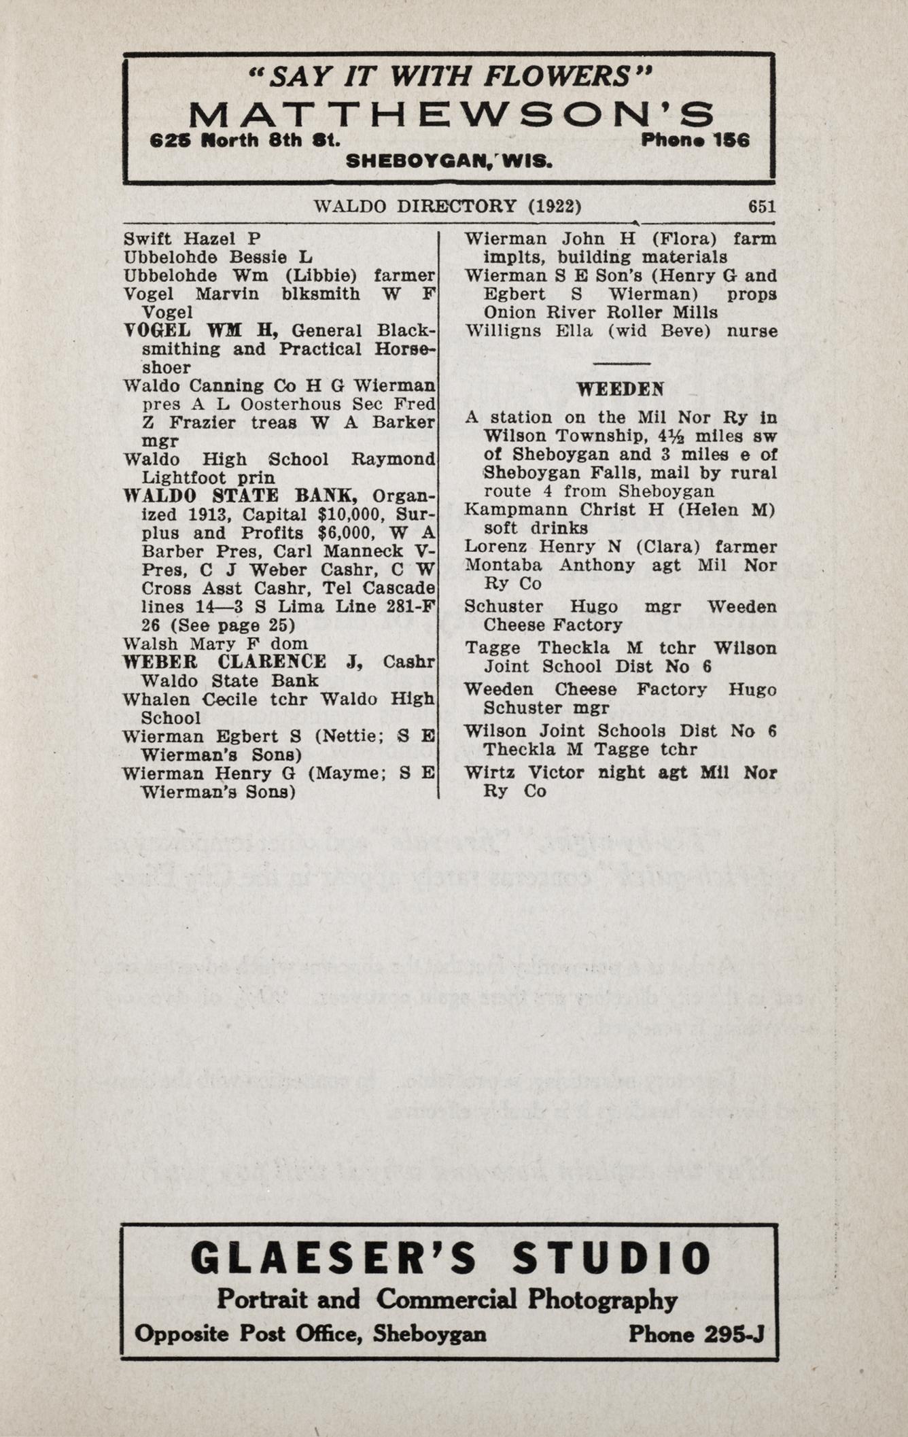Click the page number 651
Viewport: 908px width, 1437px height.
pyautogui.click(x=761, y=206)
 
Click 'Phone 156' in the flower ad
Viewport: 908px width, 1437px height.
pyautogui.click(x=695, y=141)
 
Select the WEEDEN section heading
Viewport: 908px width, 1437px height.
pyautogui.click(x=621, y=389)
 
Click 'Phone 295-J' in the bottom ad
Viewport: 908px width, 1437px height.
pyautogui.click(x=696, y=1334)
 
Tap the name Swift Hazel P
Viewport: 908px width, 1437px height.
pyautogui.click(x=192, y=239)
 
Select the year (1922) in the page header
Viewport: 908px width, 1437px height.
pyautogui.click(x=555, y=206)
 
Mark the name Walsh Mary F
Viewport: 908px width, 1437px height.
pyautogui.click(x=191, y=643)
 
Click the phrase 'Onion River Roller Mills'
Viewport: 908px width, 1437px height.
pyautogui.click(x=600, y=313)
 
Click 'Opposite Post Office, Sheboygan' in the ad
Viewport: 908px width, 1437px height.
pyautogui.click(x=311, y=1334)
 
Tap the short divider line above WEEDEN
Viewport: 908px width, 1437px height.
pyautogui.click(x=621, y=364)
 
